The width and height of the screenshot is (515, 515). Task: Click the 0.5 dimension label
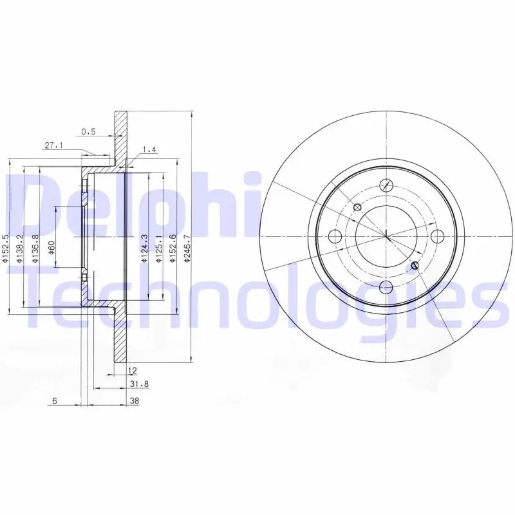pyautogui.click(x=88, y=132)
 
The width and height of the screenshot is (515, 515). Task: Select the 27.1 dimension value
pyautogui.click(x=54, y=145)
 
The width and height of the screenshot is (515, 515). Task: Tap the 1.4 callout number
pyautogui.click(x=149, y=150)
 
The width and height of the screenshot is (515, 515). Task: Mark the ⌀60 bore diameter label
pyautogui.click(x=51, y=248)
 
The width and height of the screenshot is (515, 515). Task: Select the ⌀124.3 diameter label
pyautogui.click(x=144, y=248)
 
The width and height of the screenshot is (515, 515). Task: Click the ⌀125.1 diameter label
pyautogui.click(x=159, y=248)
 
